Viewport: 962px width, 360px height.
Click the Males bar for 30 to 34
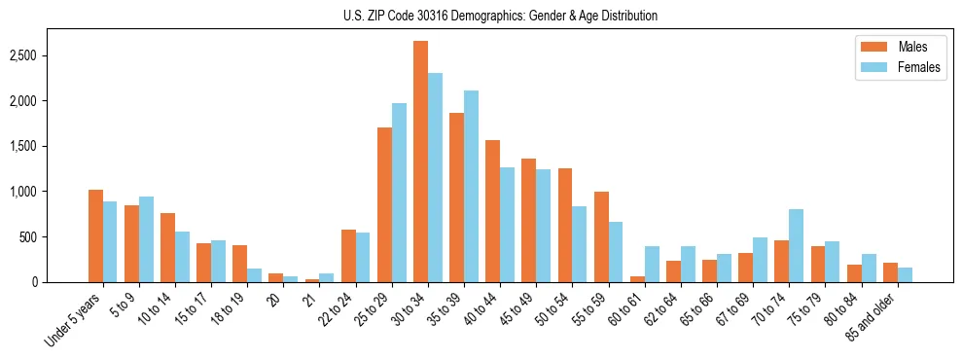tap(420, 162)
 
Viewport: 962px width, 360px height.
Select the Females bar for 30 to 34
tap(435, 178)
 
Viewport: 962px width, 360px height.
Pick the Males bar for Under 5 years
tap(95, 235)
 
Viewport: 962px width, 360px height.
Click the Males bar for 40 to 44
tap(492, 211)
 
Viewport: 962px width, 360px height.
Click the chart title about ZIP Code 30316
tap(500, 16)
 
